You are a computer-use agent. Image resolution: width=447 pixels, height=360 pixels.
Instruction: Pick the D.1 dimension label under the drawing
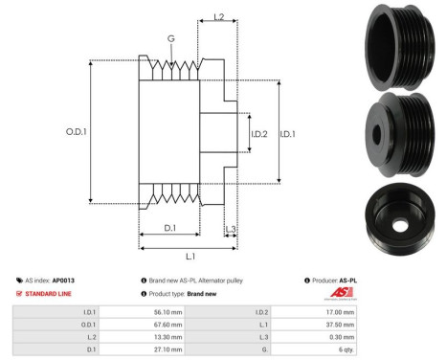168,227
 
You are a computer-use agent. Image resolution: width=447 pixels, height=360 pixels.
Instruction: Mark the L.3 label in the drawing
231,228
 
